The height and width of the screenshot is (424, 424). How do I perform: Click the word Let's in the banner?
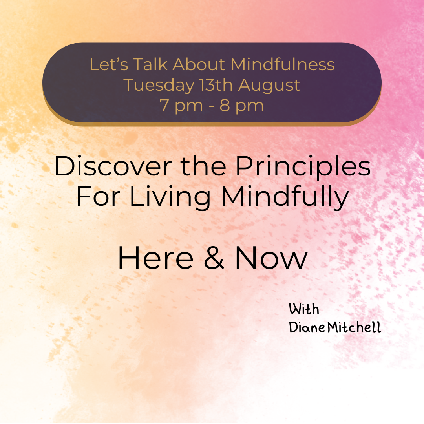(x=104, y=65)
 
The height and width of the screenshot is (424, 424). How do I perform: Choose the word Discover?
(x=113, y=166)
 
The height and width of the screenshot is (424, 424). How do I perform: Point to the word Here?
(x=155, y=259)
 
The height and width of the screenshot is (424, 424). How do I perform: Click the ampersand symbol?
(x=214, y=259)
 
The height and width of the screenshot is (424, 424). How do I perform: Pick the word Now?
(x=271, y=259)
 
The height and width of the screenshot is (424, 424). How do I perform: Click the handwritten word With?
(x=304, y=309)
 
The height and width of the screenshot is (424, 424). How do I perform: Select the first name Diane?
(x=307, y=327)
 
